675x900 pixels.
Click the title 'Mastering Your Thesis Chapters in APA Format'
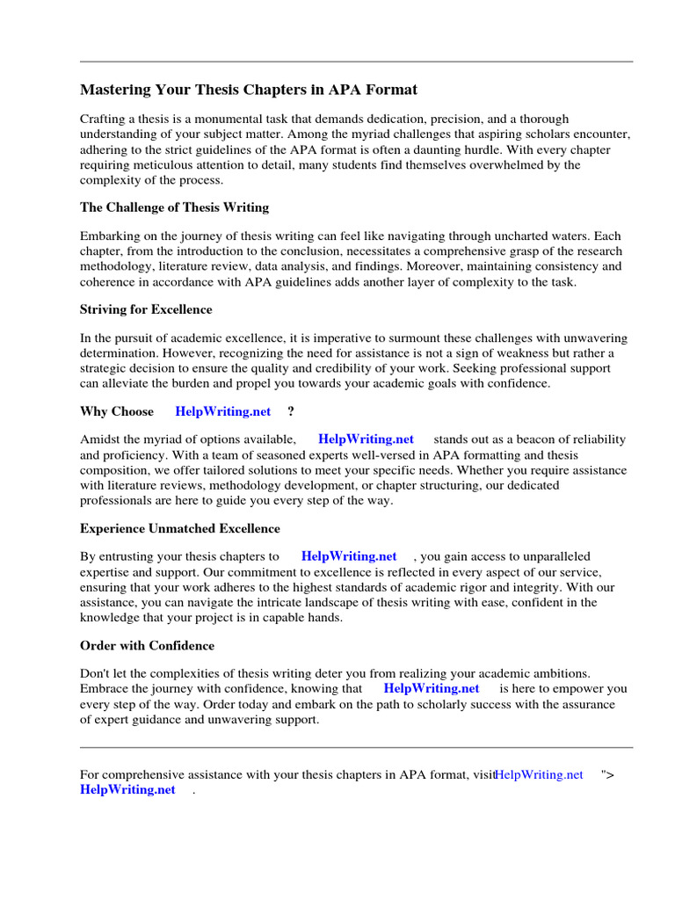(x=249, y=90)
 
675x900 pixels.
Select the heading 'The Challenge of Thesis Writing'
(x=174, y=207)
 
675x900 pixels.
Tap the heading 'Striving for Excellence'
(x=146, y=309)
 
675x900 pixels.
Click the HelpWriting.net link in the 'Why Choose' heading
(x=223, y=411)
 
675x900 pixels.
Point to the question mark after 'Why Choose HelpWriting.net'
(x=291, y=411)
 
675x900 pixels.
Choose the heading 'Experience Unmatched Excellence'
(x=180, y=528)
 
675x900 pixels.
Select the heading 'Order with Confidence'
(x=147, y=645)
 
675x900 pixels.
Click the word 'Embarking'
(x=110, y=236)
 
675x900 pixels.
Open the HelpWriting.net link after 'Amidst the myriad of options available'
(x=366, y=439)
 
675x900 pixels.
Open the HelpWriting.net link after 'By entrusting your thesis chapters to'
(x=349, y=555)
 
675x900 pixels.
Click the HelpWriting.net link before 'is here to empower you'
(x=432, y=688)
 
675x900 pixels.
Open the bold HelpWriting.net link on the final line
(x=127, y=789)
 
